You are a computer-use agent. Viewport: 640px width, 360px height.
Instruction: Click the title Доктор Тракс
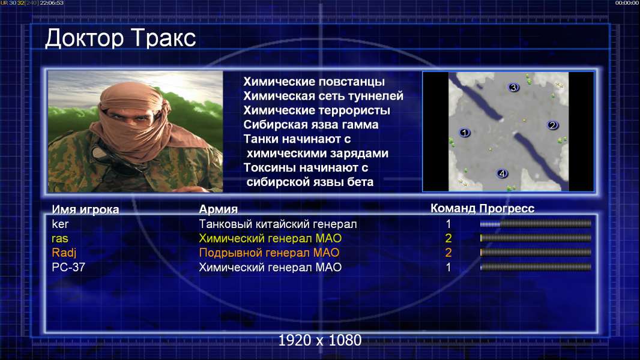pos(121,39)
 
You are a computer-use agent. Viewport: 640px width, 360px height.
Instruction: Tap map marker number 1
pos(464,133)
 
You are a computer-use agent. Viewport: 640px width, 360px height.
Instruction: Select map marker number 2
pos(553,125)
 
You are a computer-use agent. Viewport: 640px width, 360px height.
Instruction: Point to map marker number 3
pos(513,87)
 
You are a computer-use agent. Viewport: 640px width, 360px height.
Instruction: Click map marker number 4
pos(502,173)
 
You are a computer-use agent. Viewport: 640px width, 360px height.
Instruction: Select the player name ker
pos(60,224)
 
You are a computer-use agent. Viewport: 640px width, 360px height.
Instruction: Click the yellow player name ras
pos(59,239)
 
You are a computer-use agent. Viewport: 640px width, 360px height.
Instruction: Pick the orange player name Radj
pos(64,253)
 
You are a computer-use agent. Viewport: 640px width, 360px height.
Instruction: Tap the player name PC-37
pos(68,268)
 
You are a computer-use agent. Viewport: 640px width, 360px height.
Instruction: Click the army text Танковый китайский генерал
pos(277,224)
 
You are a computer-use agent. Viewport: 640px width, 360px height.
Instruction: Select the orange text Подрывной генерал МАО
pos(269,253)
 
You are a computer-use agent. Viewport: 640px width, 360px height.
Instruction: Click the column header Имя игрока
pos(85,209)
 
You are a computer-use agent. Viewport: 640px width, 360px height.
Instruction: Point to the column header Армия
pos(218,209)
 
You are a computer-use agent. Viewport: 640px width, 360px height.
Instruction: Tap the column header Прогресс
pos(507,209)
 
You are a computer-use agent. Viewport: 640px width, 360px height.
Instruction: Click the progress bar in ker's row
pos(536,223)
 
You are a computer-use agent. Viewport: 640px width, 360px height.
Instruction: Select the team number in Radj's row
pos(448,253)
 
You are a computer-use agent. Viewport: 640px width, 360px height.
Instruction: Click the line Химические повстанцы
pos(314,82)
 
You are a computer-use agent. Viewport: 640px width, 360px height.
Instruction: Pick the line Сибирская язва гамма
pos(310,125)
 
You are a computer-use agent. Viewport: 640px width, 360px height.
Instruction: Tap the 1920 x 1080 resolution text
pos(319,340)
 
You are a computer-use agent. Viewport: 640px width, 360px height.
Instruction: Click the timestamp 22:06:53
pos(52,3)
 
